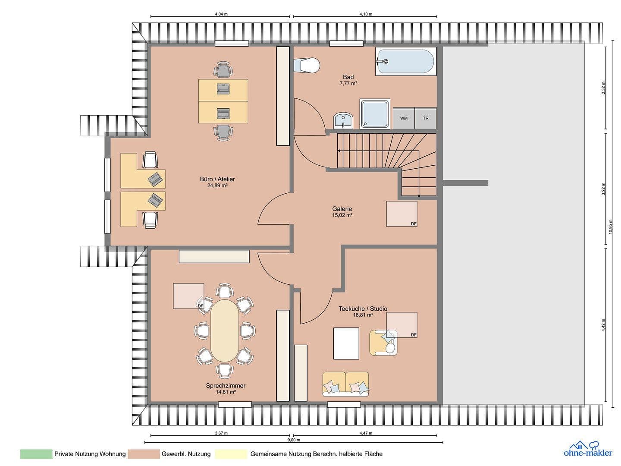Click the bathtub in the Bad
coord(405,62)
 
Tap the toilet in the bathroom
coord(308,65)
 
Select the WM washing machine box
coord(404,118)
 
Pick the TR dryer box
coord(426,118)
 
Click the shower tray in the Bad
coord(375,114)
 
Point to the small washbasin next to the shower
coord(343,120)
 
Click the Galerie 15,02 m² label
coord(342,212)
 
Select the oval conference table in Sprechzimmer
coord(224,331)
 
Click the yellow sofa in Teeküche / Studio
coord(346,384)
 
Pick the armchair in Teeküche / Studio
coord(383,343)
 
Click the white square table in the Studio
coord(346,343)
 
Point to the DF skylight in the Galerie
coord(401,214)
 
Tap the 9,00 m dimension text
coord(294,440)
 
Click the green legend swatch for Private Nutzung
coord(36,454)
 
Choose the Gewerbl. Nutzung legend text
coord(186,454)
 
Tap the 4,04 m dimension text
coord(221,14)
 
